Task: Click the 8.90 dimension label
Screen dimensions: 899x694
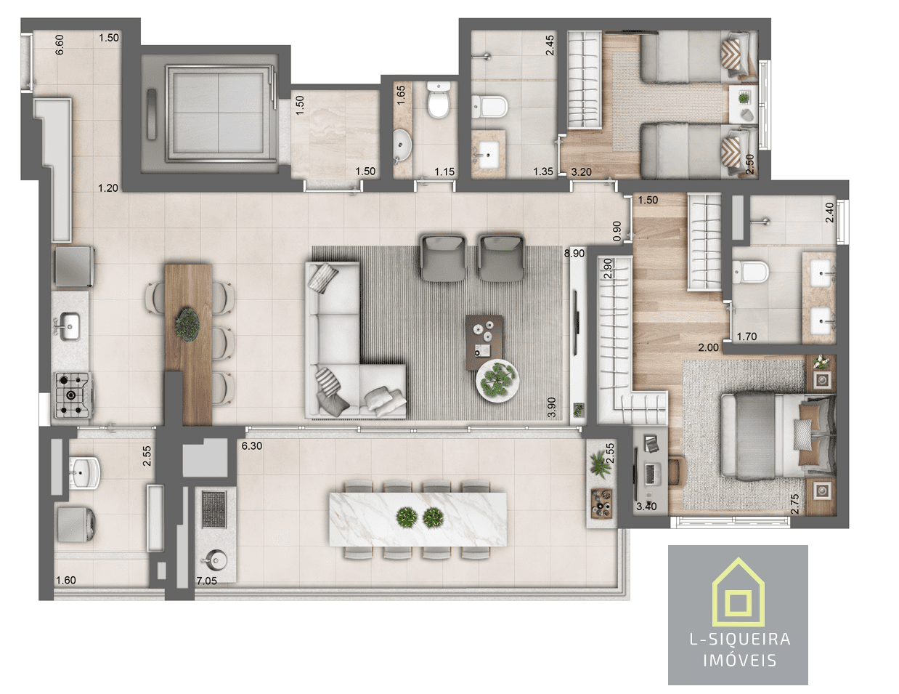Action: pyautogui.click(x=574, y=253)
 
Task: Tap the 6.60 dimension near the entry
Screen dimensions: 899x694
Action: pyautogui.click(x=60, y=45)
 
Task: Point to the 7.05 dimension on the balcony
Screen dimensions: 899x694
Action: pyautogui.click(x=206, y=581)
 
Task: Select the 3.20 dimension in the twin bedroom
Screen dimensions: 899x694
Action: pyautogui.click(x=581, y=172)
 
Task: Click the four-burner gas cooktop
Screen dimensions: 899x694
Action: pyautogui.click(x=73, y=395)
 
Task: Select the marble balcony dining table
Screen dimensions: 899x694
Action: pyautogui.click(x=418, y=519)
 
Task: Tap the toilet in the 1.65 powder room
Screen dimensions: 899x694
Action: pyautogui.click(x=439, y=100)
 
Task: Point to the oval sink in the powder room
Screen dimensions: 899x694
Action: pyautogui.click(x=401, y=145)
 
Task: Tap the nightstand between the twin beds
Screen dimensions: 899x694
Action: pyautogui.click(x=744, y=105)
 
